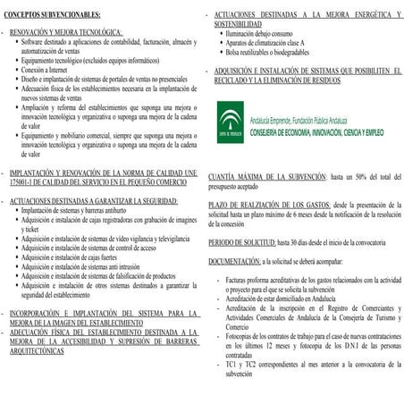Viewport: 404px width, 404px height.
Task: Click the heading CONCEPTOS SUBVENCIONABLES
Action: (x=53, y=16)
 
